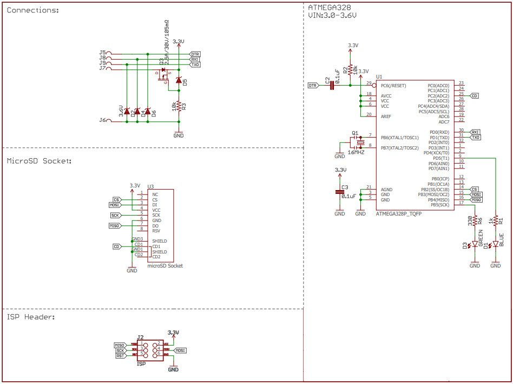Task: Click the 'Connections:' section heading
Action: click(33, 11)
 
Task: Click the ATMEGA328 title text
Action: click(329, 8)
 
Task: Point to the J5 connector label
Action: click(102, 53)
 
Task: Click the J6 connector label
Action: click(102, 120)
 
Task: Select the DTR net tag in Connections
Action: click(195, 54)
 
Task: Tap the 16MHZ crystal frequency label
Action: click(356, 153)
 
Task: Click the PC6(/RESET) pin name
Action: click(400, 86)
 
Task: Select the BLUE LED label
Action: click(501, 239)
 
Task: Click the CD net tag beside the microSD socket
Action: click(116, 246)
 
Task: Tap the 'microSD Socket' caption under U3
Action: click(165, 266)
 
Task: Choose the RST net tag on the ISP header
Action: click(120, 355)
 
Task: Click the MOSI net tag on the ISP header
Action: click(181, 350)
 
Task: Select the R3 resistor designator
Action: click(184, 107)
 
